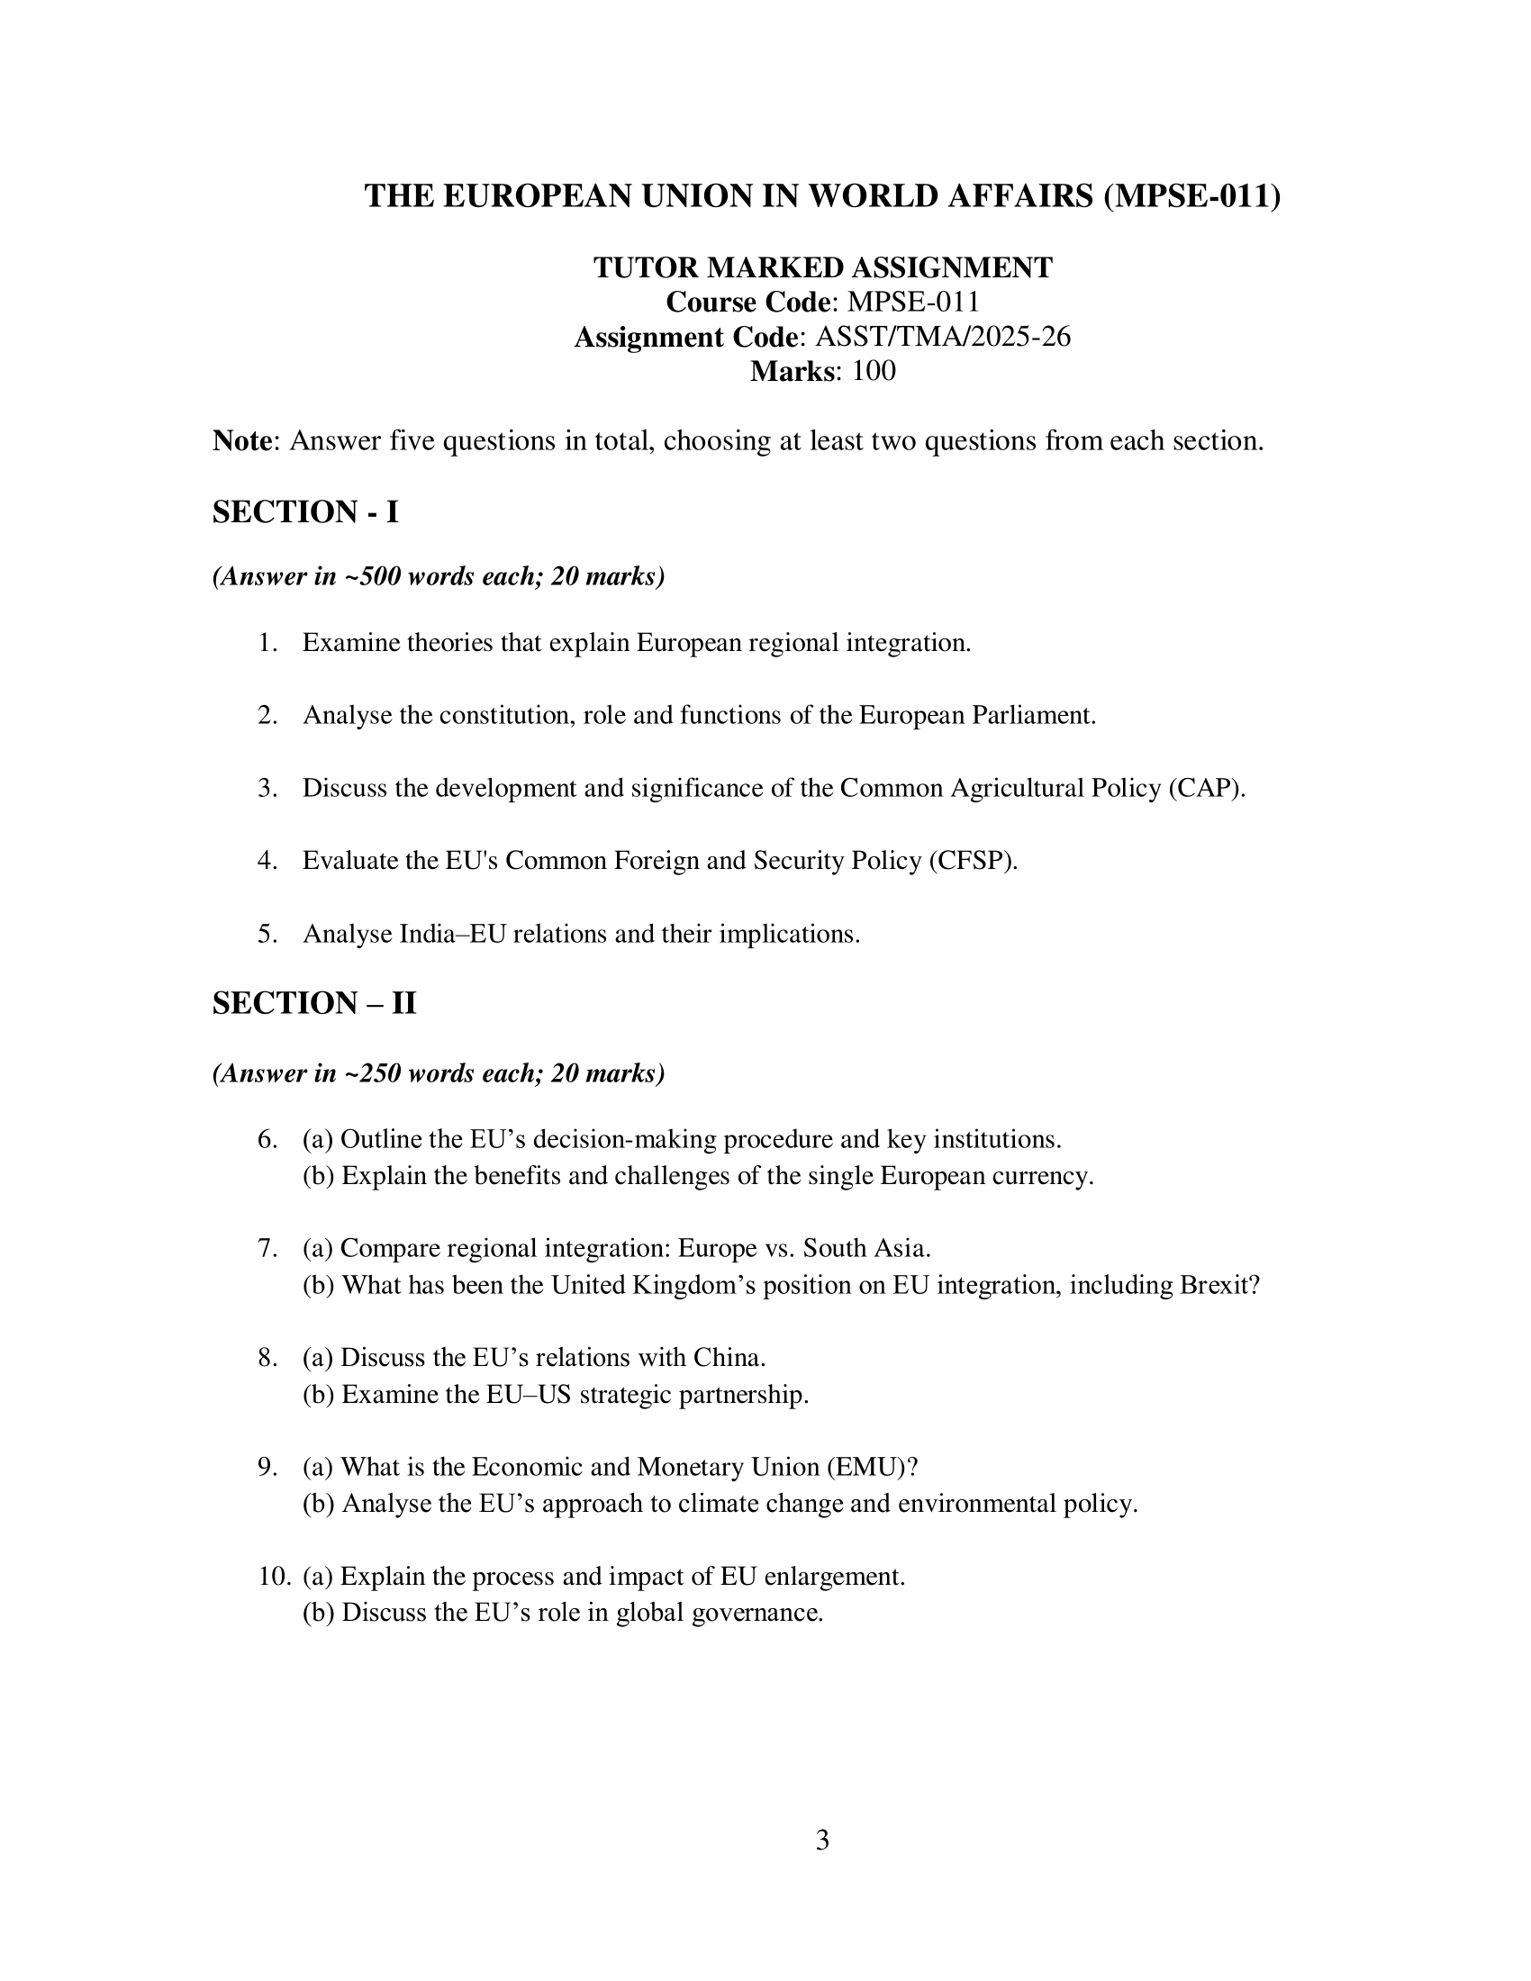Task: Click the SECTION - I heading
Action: [x=304, y=511]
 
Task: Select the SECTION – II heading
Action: [x=313, y=1003]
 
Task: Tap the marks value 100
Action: [x=874, y=371]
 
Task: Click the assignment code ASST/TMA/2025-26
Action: [x=943, y=337]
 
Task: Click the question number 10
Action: [x=274, y=1576]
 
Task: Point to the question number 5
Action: [x=267, y=934]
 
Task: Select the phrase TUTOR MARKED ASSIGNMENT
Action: [x=822, y=267]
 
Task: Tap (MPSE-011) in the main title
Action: [x=1191, y=196]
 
